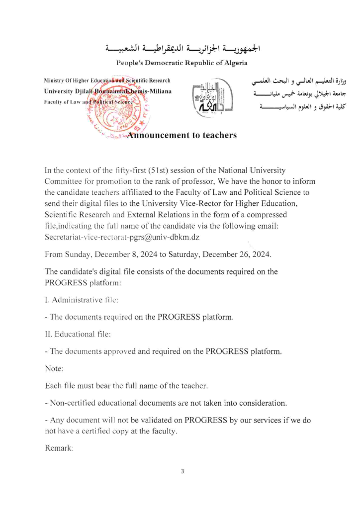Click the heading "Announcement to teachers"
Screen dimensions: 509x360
[x=182, y=135]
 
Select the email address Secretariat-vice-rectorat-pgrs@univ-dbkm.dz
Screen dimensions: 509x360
[x=122, y=237]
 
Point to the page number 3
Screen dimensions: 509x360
[x=182, y=471]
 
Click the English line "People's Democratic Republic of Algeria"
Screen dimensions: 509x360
[x=181, y=63]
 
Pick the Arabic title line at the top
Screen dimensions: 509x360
[x=183, y=49]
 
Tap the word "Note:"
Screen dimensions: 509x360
[x=55, y=369]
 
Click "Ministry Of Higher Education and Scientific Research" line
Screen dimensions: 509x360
[x=107, y=81]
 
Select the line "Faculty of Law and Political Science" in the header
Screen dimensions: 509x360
[x=89, y=101]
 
